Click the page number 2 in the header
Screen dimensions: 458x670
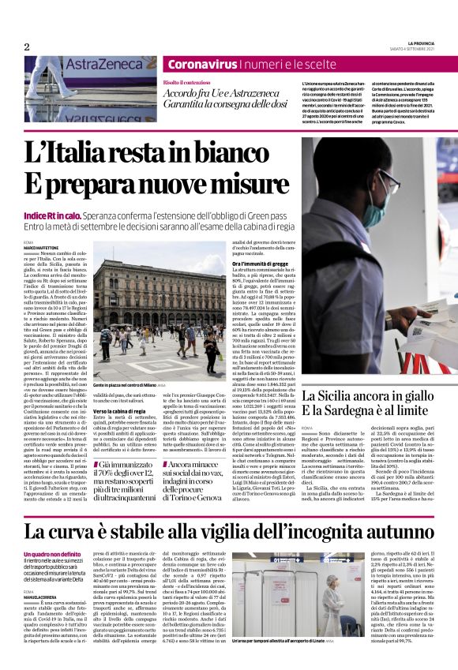(x=26, y=47)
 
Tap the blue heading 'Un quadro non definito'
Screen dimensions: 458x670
(x=52, y=555)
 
